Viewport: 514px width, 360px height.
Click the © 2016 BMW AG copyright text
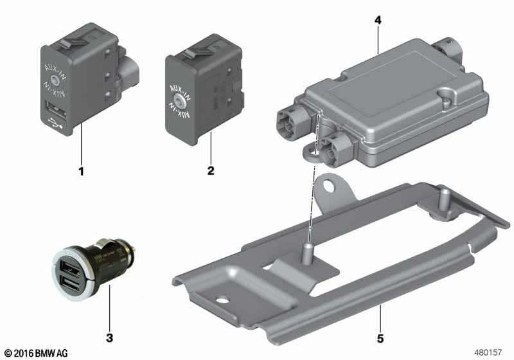[x=35, y=353]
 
